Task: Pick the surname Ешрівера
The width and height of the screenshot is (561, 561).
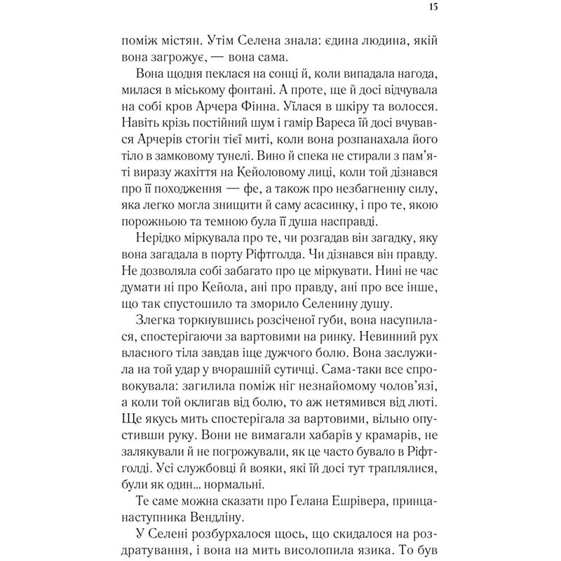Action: (x=318, y=501)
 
